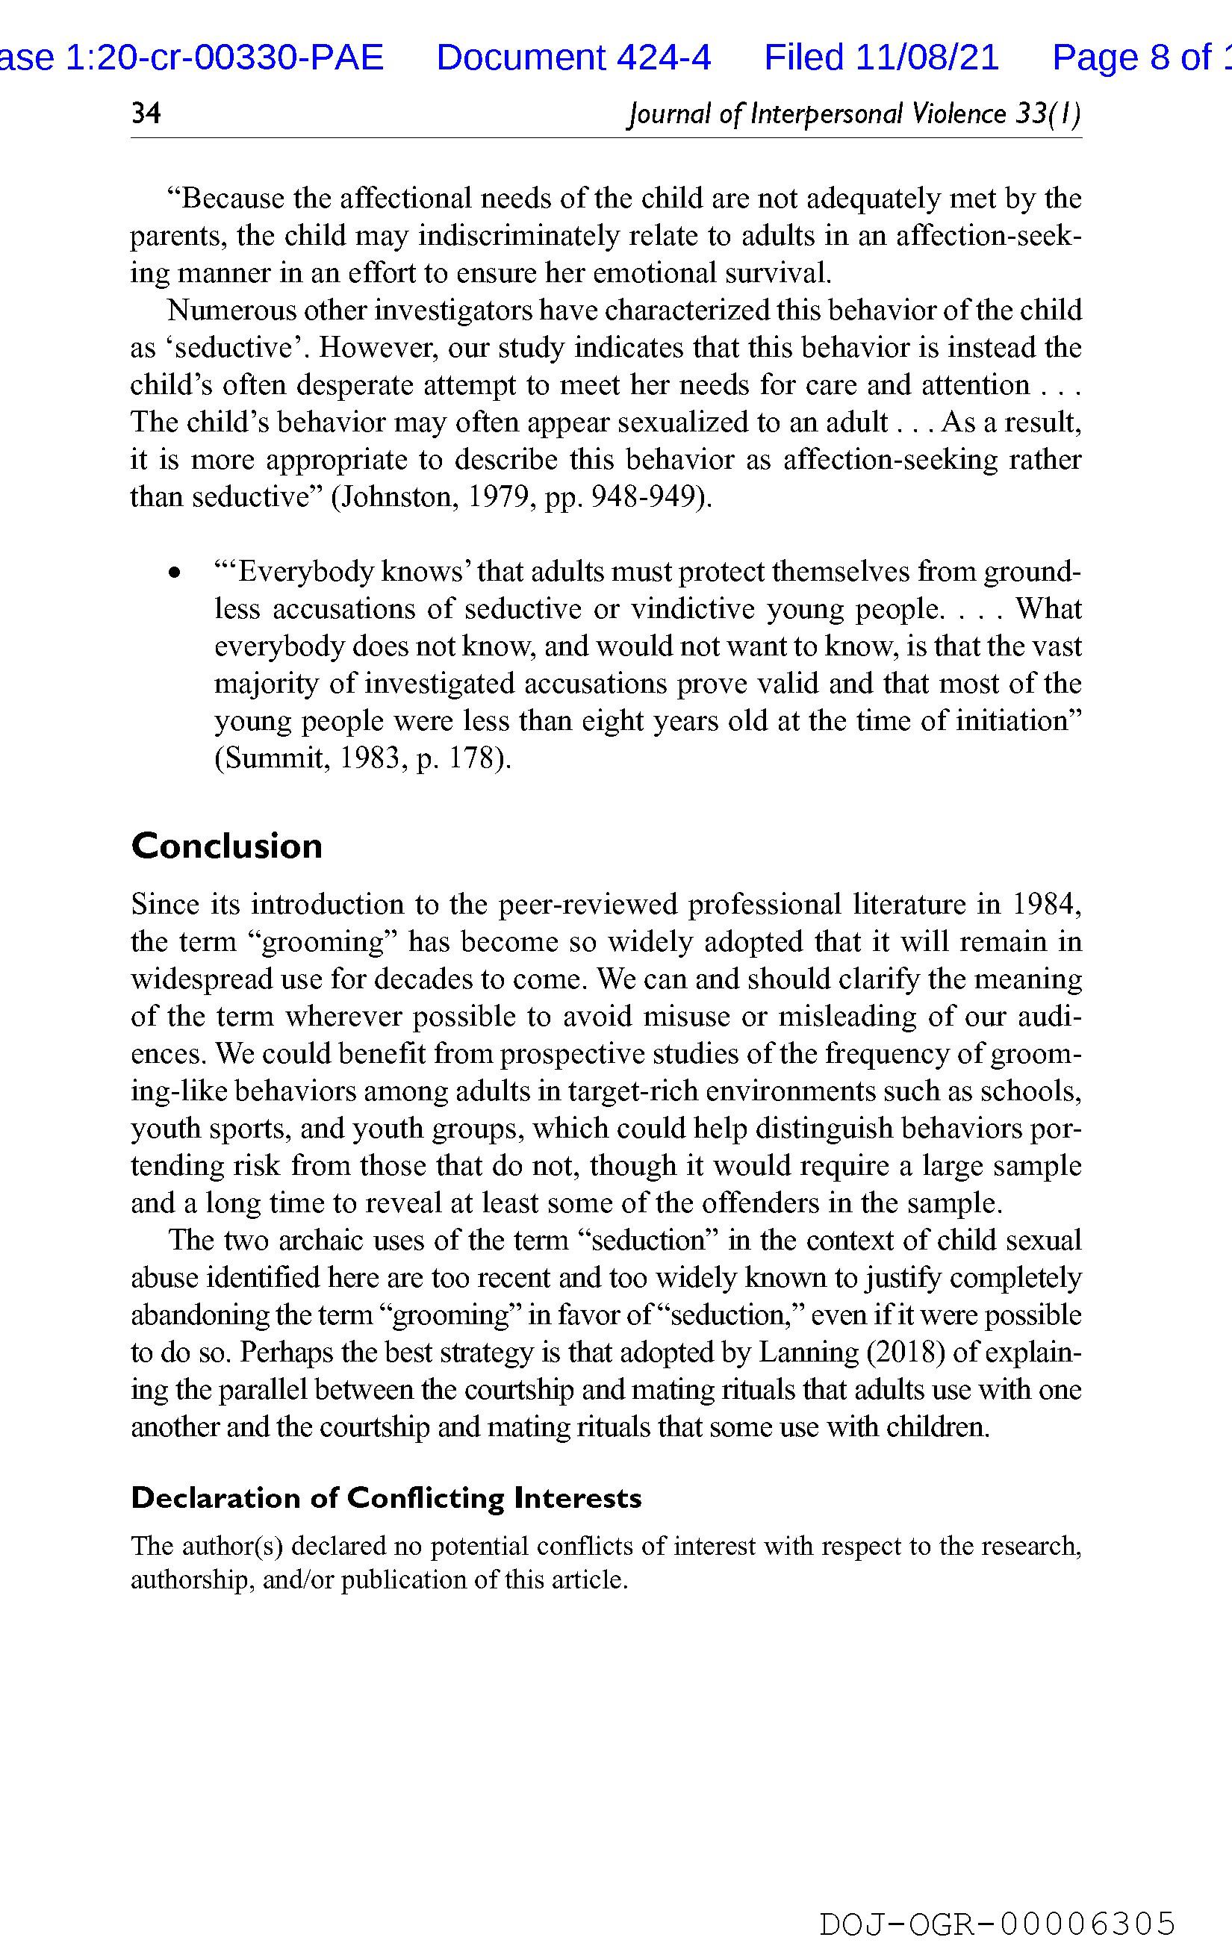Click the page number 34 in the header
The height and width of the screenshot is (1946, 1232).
146,113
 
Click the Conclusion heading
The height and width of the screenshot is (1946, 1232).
226,846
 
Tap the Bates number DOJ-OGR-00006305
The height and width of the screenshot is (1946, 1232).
997,1922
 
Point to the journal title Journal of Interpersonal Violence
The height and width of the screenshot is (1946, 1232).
818,114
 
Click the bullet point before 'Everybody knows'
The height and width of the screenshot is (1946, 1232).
172,573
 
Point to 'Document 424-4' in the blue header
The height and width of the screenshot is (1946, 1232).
573,57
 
